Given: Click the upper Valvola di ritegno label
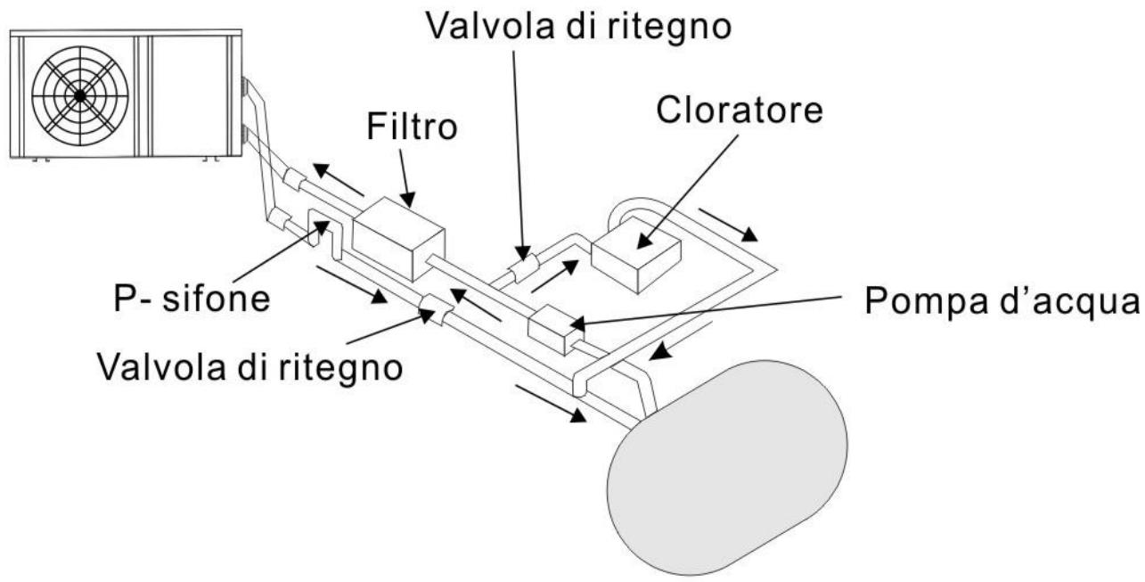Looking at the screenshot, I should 577,26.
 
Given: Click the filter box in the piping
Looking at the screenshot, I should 398,237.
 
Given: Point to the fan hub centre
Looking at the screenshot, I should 79,94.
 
